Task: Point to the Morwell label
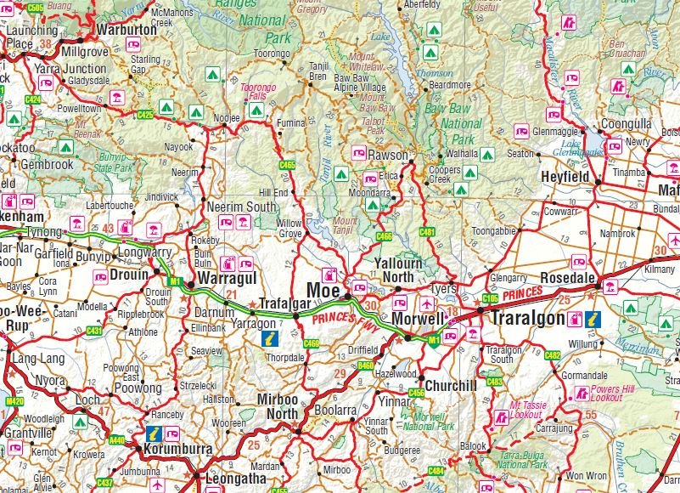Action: click(x=419, y=318)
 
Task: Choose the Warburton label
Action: click(x=128, y=28)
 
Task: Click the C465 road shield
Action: click(x=288, y=165)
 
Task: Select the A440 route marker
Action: click(x=117, y=440)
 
